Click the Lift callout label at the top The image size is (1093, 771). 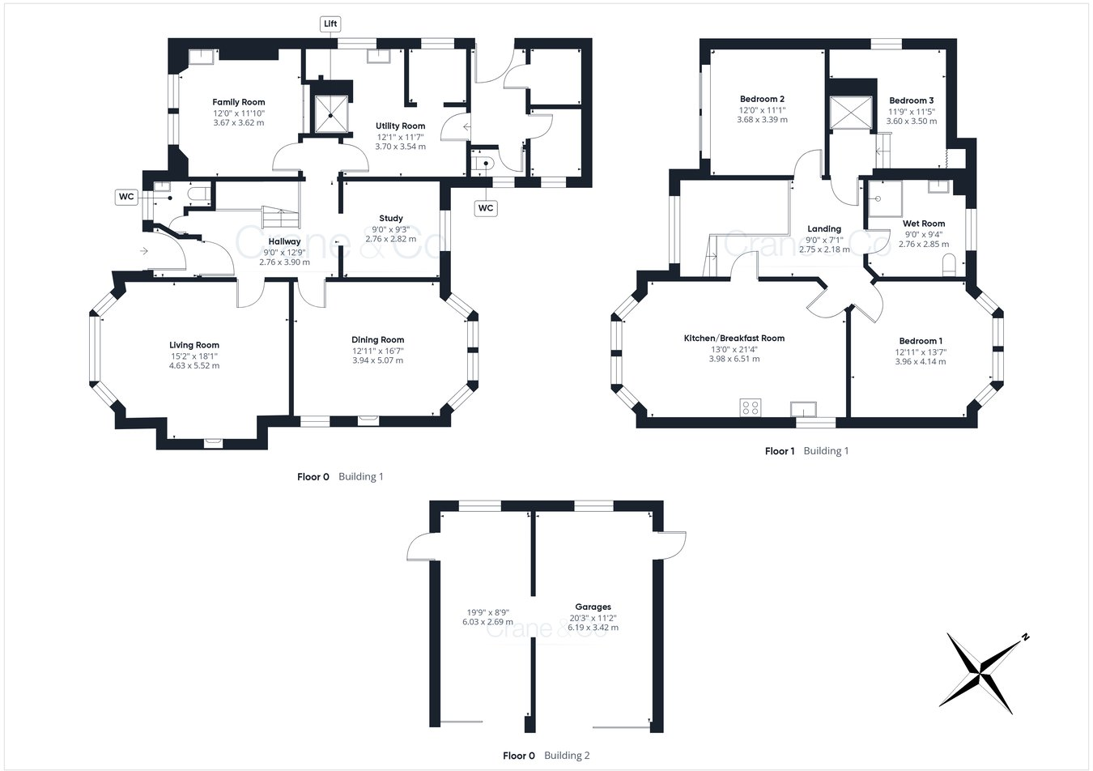(330, 23)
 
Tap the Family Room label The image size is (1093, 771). (239, 102)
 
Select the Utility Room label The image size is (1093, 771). (400, 126)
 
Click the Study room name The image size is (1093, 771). (391, 219)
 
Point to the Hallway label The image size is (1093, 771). (284, 241)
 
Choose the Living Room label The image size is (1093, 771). (194, 345)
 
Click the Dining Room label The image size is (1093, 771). (377, 340)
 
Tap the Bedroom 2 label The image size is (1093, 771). (762, 99)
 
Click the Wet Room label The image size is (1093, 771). (924, 224)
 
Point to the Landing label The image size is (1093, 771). (824, 229)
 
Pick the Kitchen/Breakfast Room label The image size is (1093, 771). (734, 339)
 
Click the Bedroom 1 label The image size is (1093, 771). (920, 341)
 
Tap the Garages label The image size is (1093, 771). (593, 607)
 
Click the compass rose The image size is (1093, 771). (982, 672)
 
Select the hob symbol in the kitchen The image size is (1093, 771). (750, 407)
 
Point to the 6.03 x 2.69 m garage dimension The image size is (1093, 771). (483, 623)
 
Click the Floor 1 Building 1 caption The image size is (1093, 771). (806, 451)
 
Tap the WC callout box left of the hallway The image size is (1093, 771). (126, 197)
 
